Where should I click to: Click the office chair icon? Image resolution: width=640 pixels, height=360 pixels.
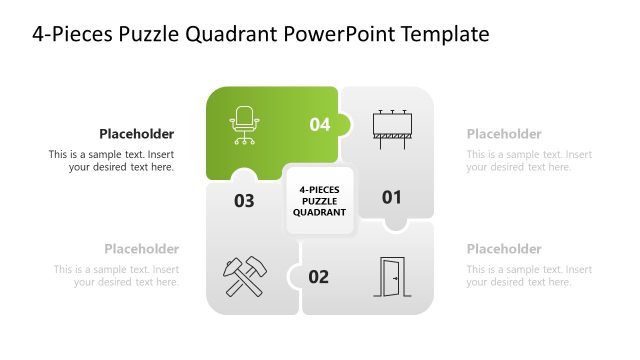coord(243,126)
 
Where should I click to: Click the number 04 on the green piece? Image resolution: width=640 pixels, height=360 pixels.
coord(319,125)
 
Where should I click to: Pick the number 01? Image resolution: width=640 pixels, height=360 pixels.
coord(391,198)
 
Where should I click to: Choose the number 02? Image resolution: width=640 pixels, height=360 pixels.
coord(318,277)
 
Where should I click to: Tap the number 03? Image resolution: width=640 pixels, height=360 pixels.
coord(244,201)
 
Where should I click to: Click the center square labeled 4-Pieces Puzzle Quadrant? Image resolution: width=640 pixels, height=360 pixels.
coord(320,199)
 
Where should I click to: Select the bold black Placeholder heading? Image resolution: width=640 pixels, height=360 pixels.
coord(136,134)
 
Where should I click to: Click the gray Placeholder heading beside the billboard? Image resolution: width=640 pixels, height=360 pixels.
coord(504,134)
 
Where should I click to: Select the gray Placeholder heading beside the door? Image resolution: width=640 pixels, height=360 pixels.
coord(504,249)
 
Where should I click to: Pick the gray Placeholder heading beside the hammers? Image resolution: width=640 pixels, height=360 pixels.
coord(141,249)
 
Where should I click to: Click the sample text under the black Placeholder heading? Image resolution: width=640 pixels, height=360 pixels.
coord(111,161)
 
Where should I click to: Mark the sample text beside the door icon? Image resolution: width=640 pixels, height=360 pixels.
coord(529,276)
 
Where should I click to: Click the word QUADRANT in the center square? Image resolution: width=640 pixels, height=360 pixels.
coord(320,212)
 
